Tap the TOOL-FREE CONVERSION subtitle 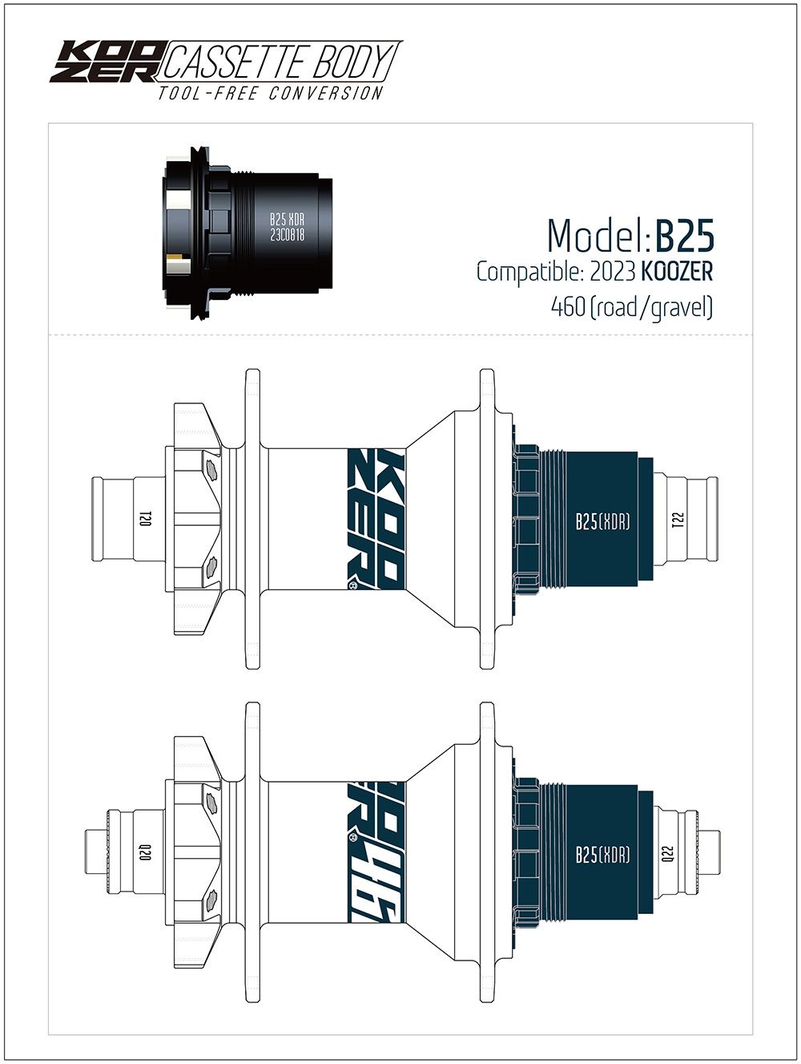click(x=271, y=92)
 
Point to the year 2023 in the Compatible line click(x=612, y=272)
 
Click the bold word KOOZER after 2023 click(x=677, y=272)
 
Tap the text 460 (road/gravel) click(x=632, y=307)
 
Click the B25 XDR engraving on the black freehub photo click(x=287, y=219)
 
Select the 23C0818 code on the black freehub click(x=287, y=235)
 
